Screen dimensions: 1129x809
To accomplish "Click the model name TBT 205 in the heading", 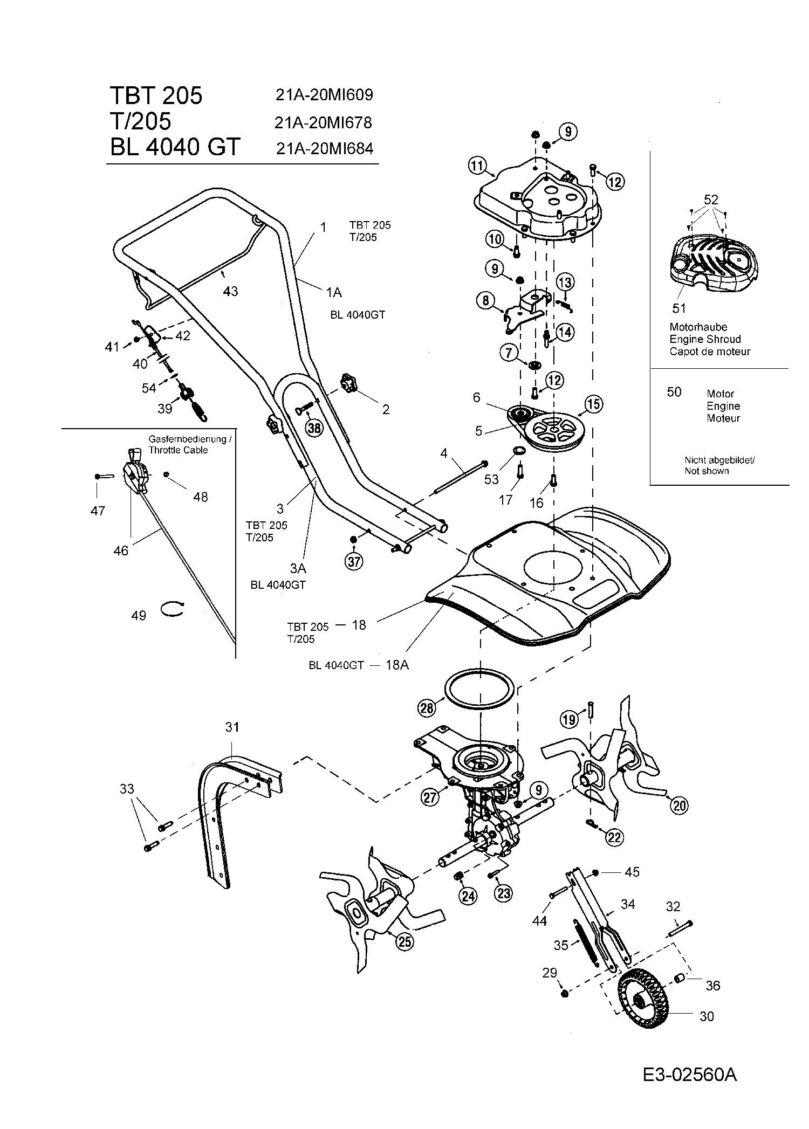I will [x=156, y=95].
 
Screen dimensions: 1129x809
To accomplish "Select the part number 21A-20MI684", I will [x=324, y=148].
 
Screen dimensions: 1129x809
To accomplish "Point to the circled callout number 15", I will [x=593, y=404].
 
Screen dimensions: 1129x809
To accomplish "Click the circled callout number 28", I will [x=427, y=708].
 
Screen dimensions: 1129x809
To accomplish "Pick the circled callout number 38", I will [x=314, y=428].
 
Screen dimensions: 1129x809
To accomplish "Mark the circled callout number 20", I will [x=679, y=806].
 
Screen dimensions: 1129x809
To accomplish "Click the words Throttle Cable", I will [x=178, y=450].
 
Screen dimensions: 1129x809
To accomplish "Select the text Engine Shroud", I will [x=705, y=339].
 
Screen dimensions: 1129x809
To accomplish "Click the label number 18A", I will [x=397, y=665].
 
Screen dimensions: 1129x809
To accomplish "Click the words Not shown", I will [x=707, y=471].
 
